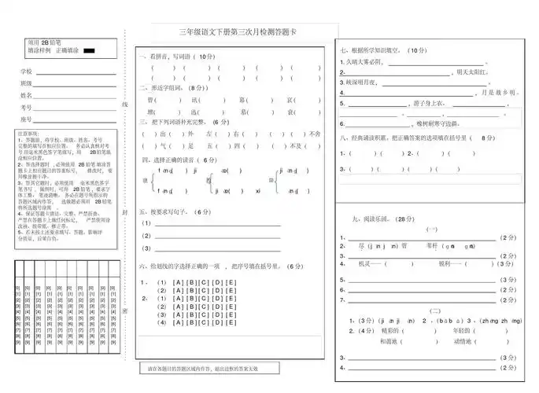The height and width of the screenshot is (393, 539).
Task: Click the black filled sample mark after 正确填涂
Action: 89,50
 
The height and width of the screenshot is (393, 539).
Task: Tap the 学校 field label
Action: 26,72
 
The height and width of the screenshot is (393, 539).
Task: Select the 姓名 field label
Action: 26,95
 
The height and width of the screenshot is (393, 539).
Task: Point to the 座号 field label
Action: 26,119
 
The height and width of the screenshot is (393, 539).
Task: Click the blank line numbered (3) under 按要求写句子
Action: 212,249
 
